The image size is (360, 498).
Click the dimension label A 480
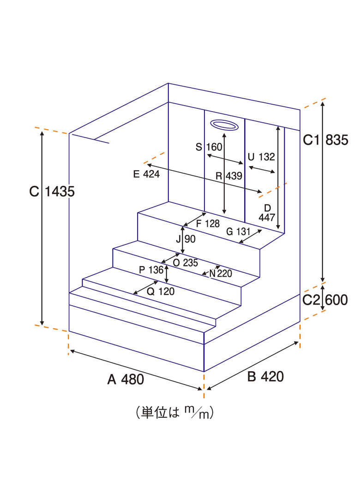coord(126,379)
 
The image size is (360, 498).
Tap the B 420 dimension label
coord(265,376)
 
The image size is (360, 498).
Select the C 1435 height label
coord(52,191)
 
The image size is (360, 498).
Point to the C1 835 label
coord(325,140)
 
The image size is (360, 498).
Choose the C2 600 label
coord(325,300)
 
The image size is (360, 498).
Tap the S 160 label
coord(209,147)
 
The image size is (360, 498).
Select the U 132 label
coord(261,157)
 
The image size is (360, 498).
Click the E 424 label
coord(146,174)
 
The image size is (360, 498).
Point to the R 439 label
coord(229,176)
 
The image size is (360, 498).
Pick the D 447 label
coord(267,213)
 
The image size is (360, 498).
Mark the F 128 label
coord(208,224)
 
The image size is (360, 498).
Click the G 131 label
coord(238,231)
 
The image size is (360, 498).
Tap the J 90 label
coord(186,239)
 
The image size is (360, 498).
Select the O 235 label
coord(186,263)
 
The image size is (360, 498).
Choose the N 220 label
coord(221,273)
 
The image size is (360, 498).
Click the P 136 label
coord(151,270)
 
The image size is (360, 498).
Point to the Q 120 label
coord(161,291)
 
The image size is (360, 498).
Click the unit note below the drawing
coord(174,413)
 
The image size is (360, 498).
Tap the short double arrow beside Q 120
coord(146,288)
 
